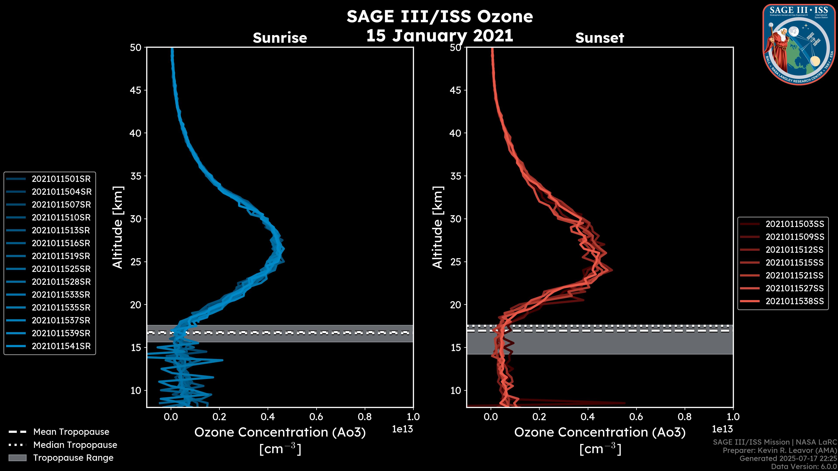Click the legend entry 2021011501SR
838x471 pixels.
(61, 179)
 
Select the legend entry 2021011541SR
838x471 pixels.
(61, 346)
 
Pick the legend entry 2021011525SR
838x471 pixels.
(61, 269)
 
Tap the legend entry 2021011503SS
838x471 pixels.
(795, 224)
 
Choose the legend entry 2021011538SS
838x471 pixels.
(795, 301)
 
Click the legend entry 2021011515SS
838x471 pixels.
(795, 263)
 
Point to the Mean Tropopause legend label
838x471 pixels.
(71, 432)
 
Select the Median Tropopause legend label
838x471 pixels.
(75, 445)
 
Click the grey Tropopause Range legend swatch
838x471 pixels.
(17, 458)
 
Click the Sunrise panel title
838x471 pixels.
(280, 38)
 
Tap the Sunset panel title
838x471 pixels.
(599, 38)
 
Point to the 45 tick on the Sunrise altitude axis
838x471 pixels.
(136, 90)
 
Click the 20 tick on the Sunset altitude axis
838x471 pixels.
(456, 305)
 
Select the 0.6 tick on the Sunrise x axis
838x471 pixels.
(316, 417)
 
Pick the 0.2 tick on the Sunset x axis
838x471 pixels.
(539, 417)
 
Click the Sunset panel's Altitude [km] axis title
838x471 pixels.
(438, 227)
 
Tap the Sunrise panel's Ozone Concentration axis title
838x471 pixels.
(280, 433)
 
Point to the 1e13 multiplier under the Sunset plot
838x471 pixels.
(722, 429)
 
